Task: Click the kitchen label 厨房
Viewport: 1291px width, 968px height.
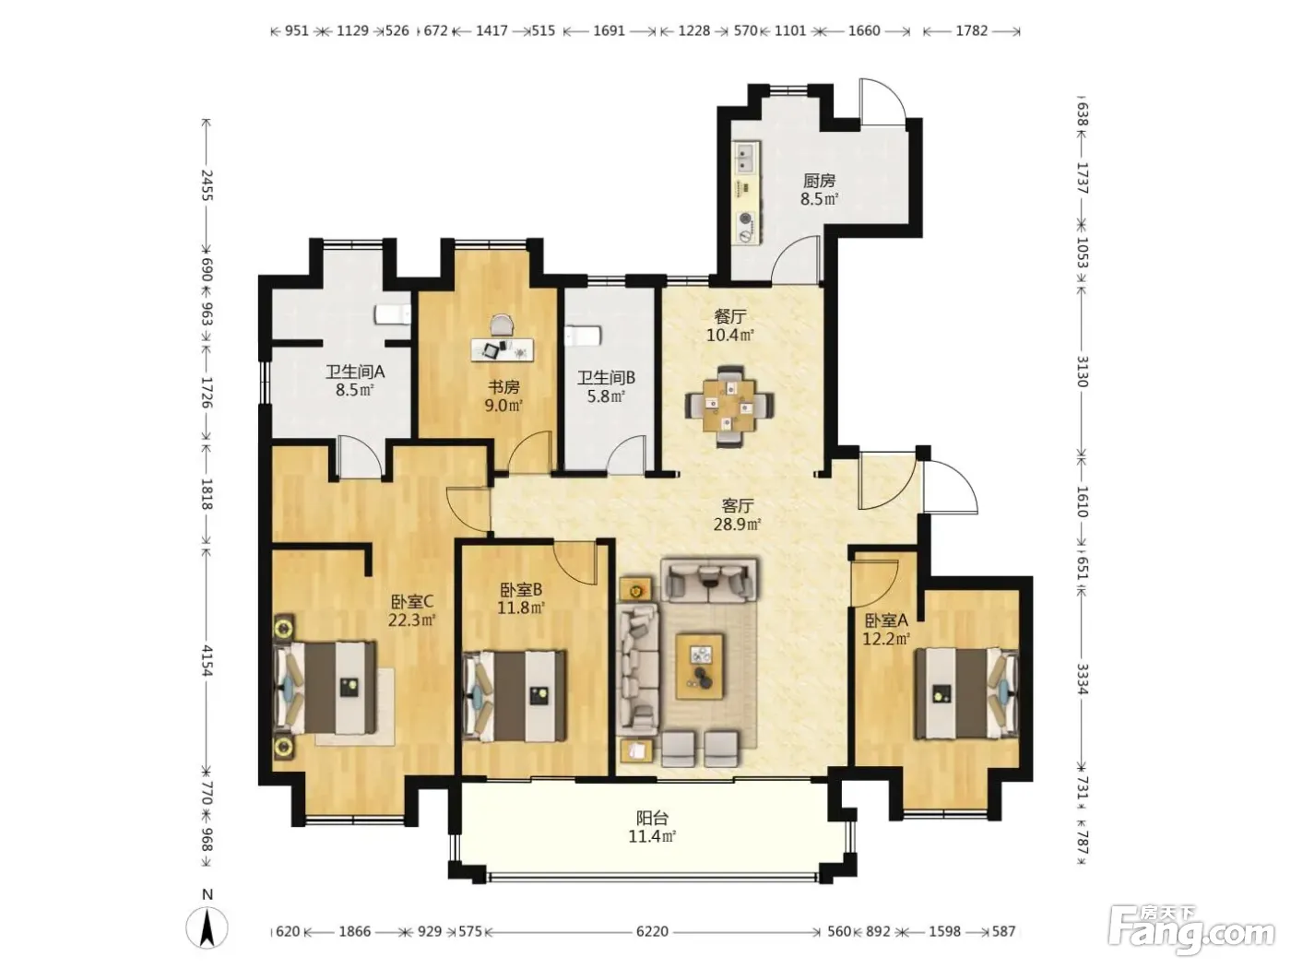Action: (x=819, y=181)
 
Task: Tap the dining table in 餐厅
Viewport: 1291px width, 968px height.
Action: (x=729, y=407)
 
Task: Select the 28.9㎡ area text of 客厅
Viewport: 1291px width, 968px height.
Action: (x=738, y=524)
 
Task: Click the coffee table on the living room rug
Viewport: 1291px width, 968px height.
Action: (x=699, y=666)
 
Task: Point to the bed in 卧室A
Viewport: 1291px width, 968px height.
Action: (x=966, y=693)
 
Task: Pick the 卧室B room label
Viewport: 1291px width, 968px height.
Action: (x=521, y=589)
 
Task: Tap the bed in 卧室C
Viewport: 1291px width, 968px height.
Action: (x=326, y=688)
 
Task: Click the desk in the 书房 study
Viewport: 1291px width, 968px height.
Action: (x=503, y=349)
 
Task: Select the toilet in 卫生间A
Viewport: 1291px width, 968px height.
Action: (x=393, y=313)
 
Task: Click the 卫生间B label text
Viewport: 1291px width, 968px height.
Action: (x=606, y=377)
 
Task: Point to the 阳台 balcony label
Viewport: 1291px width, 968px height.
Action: (x=652, y=818)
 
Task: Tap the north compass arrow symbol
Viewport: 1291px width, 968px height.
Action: (x=207, y=931)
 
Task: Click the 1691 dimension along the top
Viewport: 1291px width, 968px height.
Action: (x=609, y=30)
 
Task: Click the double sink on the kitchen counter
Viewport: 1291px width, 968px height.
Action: (x=746, y=157)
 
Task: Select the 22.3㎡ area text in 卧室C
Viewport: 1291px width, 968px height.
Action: (x=411, y=620)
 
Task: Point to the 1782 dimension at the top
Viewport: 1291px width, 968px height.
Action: (x=972, y=30)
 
